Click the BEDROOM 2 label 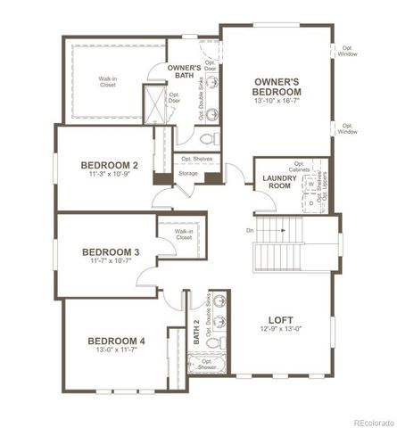point(108,165)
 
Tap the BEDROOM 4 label point(116,341)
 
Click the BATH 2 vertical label point(196,333)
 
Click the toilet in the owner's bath point(206,139)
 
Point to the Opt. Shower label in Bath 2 point(207,365)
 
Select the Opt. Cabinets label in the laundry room point(299,167)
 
